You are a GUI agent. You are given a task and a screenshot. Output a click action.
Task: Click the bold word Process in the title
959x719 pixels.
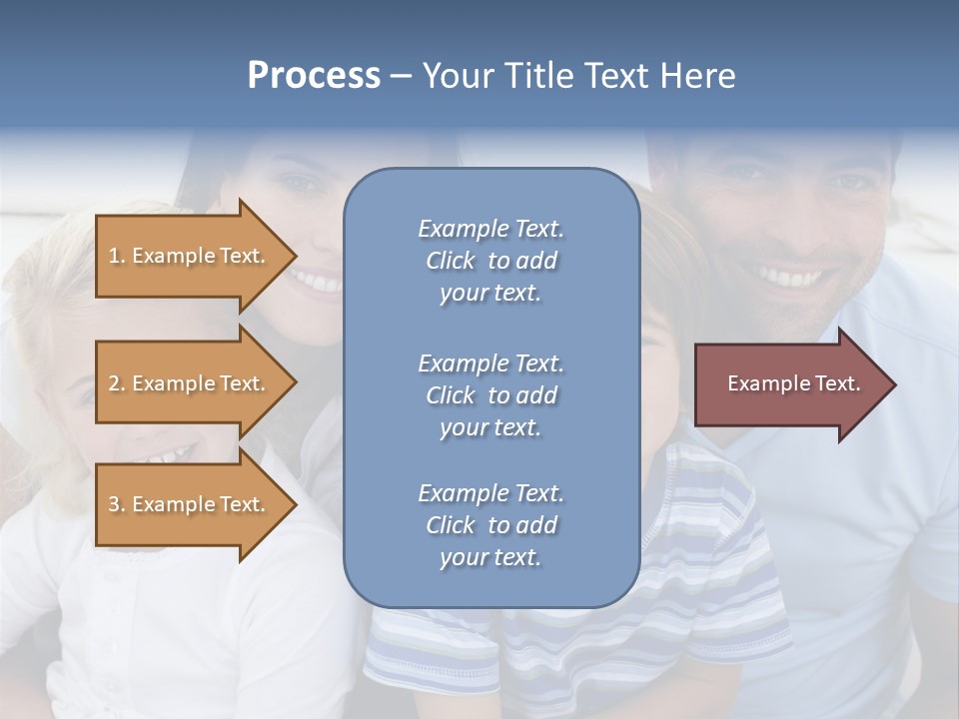[x=314, y=76]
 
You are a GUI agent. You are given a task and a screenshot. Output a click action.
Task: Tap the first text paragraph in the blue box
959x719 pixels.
[x=490, y=261]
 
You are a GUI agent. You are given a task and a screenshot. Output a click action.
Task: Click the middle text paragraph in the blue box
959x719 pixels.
[x=490, y=395]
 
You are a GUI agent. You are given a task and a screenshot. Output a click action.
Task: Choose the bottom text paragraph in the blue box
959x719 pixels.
[x=490, y=525]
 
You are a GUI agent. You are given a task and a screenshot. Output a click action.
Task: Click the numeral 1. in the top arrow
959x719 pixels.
[x=116, y=256]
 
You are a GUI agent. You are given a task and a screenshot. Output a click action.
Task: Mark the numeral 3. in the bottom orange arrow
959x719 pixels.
[x=116, y=504]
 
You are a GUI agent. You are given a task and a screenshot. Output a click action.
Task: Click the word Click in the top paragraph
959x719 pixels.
[x=451, y=261]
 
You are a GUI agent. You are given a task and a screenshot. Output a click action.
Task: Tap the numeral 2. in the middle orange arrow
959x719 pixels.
[x=116, y=383]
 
